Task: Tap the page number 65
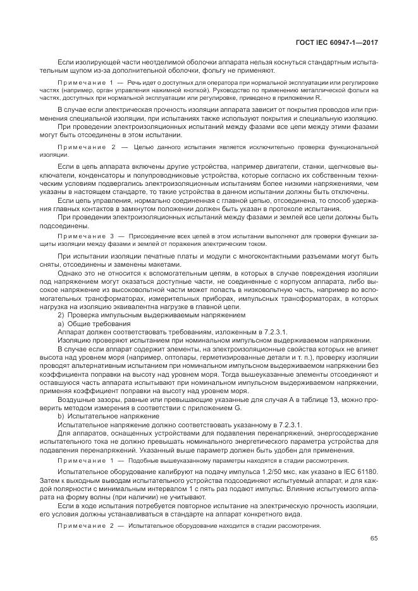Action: (374, 539)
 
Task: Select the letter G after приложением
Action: (221, 408)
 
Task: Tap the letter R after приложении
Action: (320, 98)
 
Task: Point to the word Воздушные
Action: (77, 399)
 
